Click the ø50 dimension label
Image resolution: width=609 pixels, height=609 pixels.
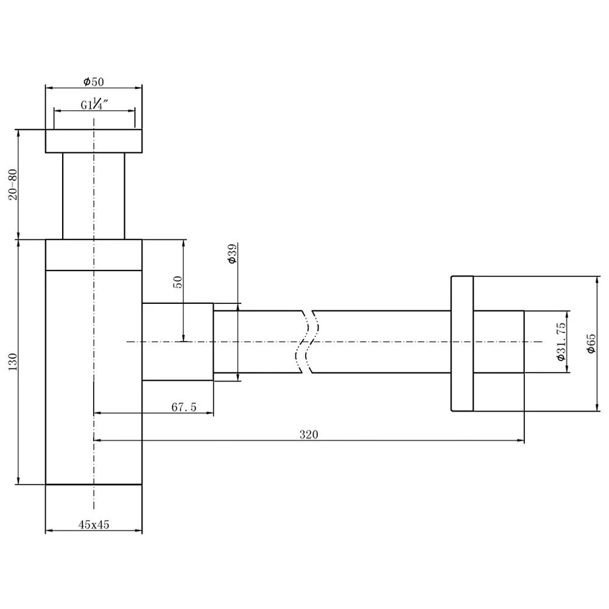point(94,80)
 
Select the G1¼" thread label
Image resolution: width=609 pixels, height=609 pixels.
point(94,105)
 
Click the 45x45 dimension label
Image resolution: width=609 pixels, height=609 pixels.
point(94,524)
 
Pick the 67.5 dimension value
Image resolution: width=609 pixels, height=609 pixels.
point(183,407)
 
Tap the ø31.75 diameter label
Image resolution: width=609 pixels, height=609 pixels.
point(561,342)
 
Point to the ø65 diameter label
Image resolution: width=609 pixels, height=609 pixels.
point(590,343)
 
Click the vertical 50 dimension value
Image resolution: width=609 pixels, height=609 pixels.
point(178,281)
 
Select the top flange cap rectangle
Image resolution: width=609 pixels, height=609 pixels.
point(94,141)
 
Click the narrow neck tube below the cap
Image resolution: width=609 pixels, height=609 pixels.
point(94,195)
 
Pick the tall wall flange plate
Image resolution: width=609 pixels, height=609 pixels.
point(462,343)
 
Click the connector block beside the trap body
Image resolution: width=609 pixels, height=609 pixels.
point(177,342)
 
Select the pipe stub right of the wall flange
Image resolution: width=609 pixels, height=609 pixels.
point(498,342)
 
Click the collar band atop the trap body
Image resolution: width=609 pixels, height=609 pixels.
point(94,255)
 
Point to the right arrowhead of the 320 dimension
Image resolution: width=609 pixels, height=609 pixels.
point(521,440)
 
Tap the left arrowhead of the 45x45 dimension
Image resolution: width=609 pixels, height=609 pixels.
point(49,531)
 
